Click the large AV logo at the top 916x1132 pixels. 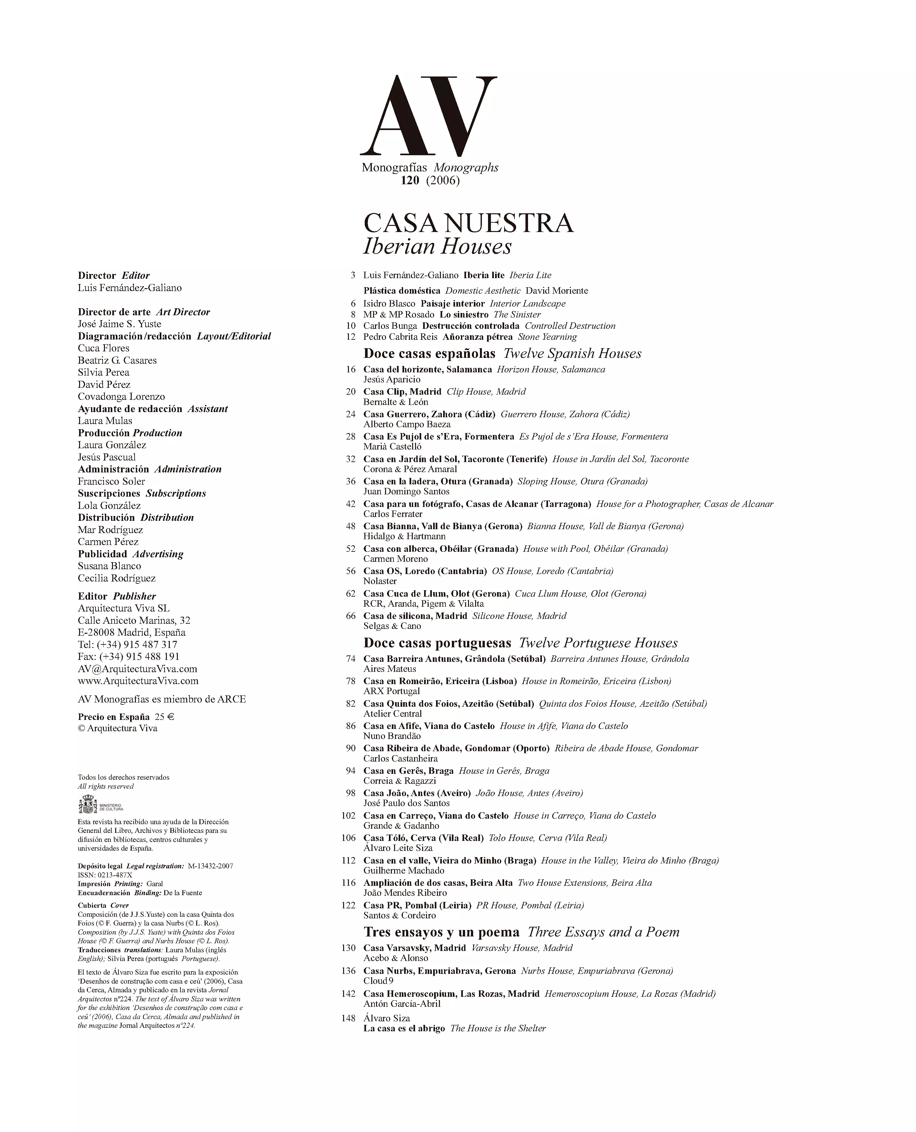(x=428, y=116)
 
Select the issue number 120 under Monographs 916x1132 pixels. (x=410, y=180)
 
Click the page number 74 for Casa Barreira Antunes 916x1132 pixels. (x=351, y=659)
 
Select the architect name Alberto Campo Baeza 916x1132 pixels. (x=407, y=425)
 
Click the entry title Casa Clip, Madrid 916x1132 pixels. (x=402, y=392)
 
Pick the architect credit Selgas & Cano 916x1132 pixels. (x=392, y=626)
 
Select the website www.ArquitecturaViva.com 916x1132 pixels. (x=138, y=681)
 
